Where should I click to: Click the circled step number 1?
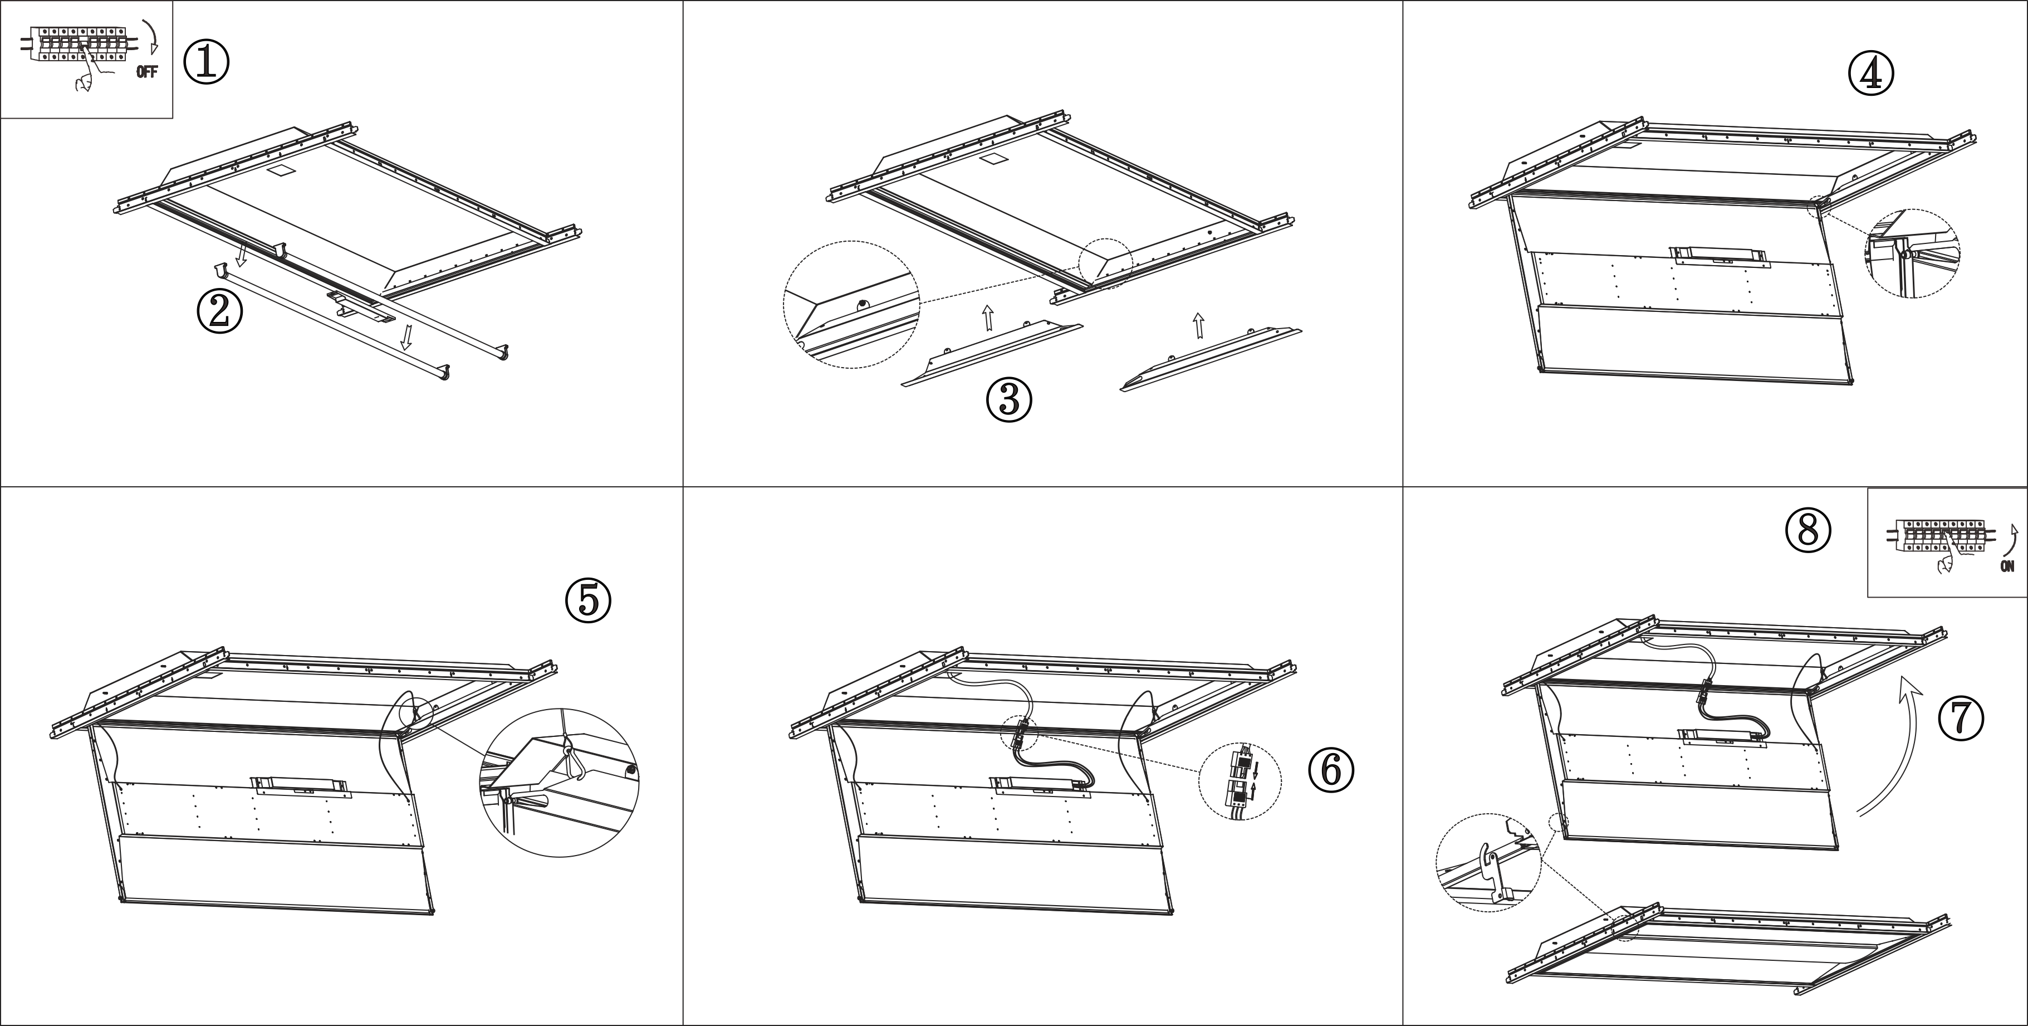click(206, 62)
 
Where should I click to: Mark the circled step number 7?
click(1961, 718)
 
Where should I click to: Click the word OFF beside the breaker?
click(146, 72)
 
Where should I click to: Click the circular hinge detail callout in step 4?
click(1912, 253)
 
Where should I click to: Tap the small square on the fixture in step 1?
click(278, 169)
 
